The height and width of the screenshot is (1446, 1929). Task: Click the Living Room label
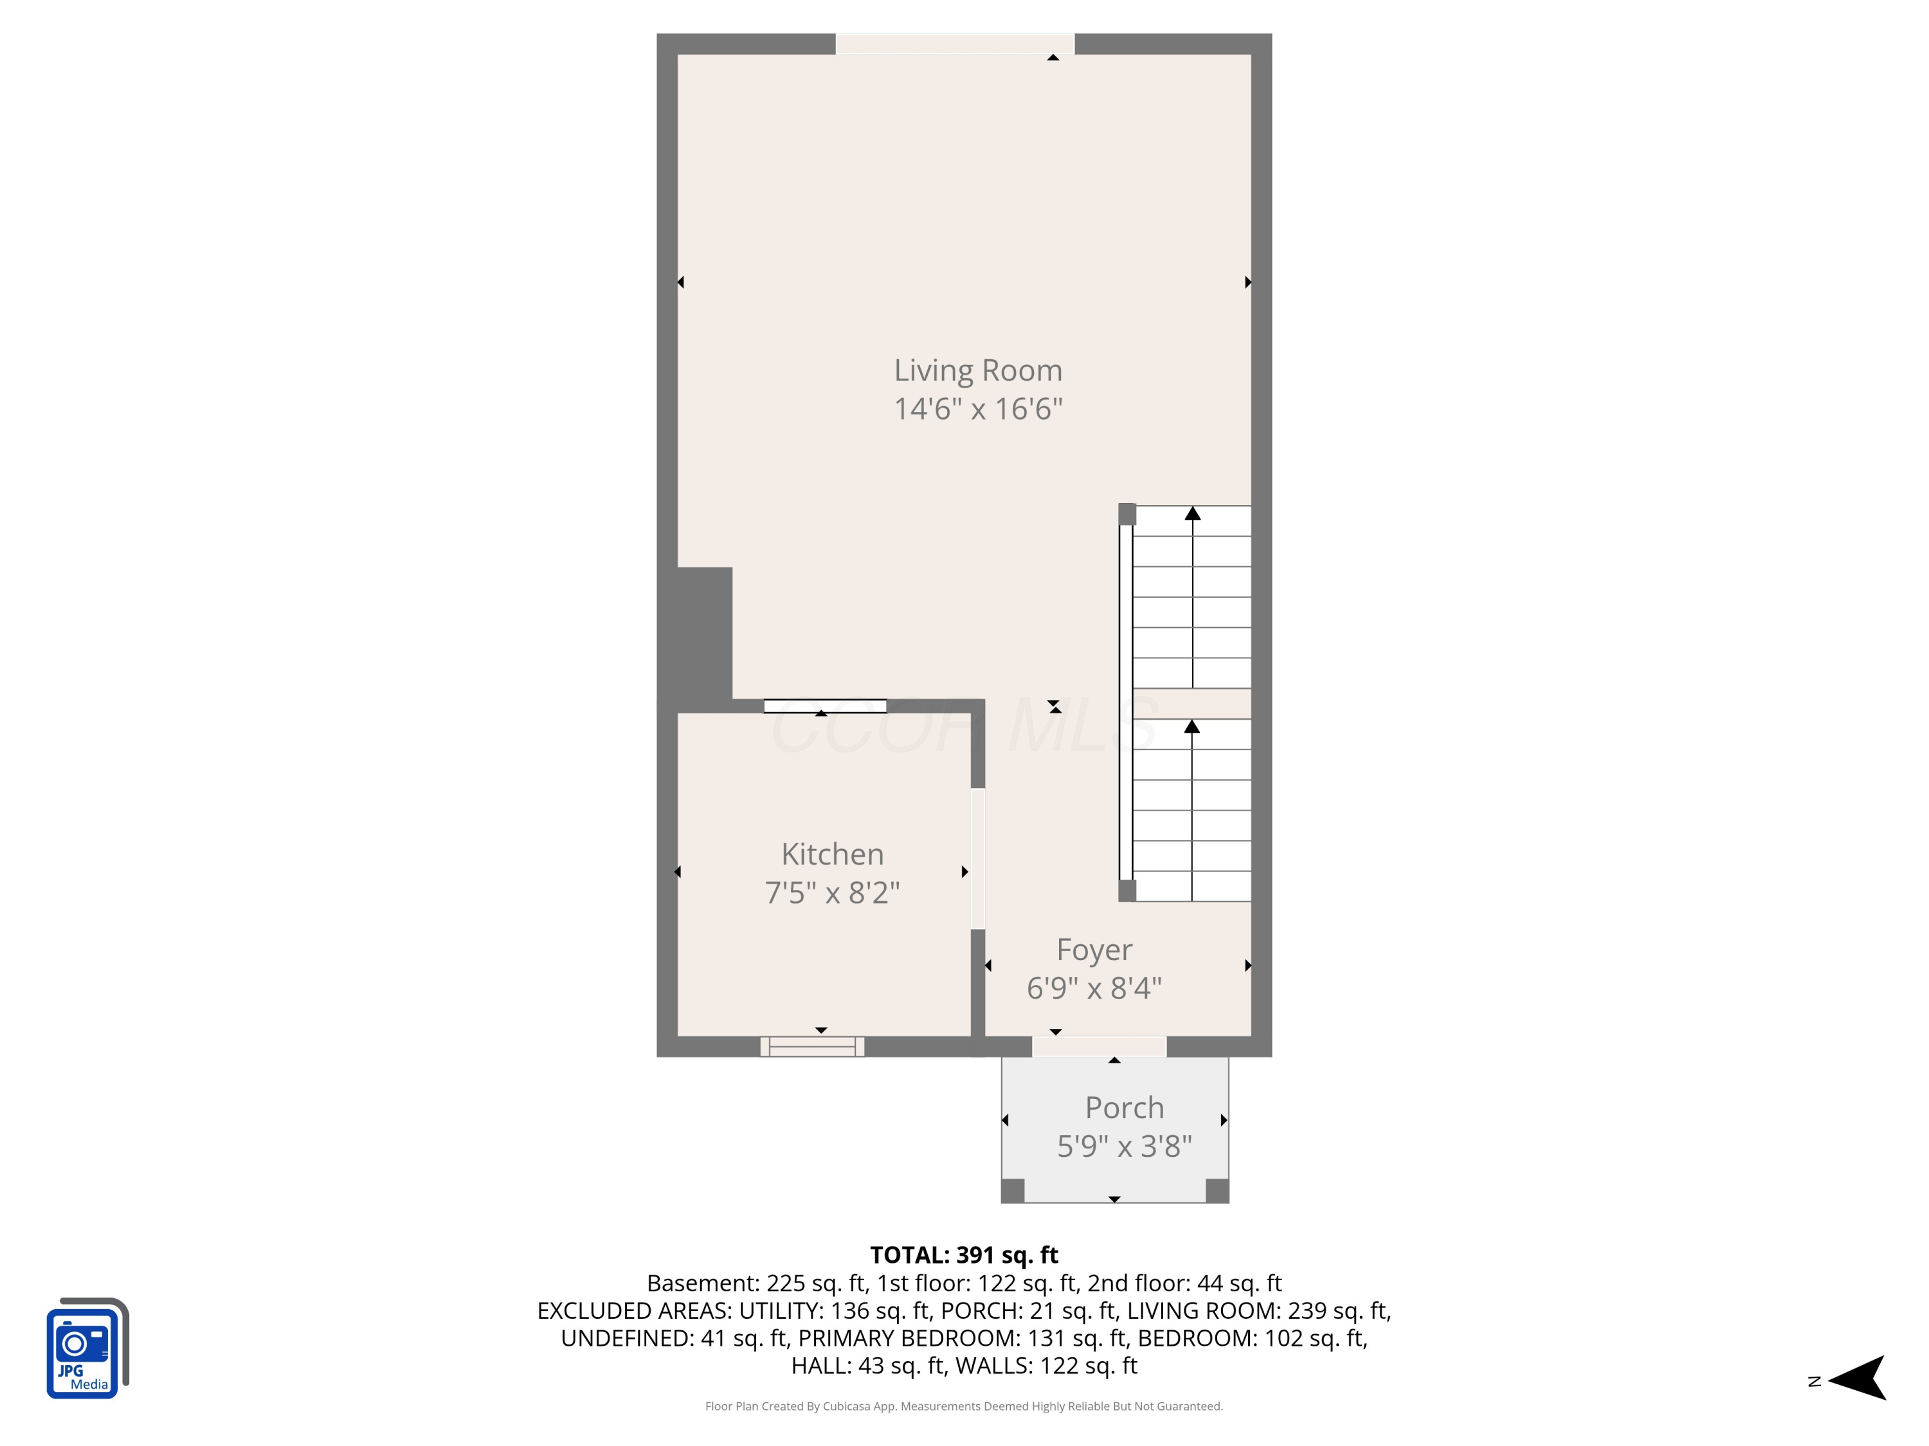coord(977,370)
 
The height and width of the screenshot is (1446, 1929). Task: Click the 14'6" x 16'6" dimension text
coord(977,409)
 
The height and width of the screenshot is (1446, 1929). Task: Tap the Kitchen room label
coord(832,854)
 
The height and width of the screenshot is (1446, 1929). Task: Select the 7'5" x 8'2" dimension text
coord(832,893)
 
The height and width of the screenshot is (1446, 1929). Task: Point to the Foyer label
coord(1094,949)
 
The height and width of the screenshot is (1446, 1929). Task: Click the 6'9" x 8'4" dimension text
coord(1094,988)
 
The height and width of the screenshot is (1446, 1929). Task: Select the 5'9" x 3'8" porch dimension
coord(1124,1145)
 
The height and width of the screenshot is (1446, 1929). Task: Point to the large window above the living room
coord(955,44)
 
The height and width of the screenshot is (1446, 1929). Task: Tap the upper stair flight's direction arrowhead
coord(1192,513)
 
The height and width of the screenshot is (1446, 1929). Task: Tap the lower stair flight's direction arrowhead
coord(1191,727)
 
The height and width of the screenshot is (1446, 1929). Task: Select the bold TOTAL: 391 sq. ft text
coord(964,1255)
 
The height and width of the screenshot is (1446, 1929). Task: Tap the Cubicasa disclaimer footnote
coord(964,1406)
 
